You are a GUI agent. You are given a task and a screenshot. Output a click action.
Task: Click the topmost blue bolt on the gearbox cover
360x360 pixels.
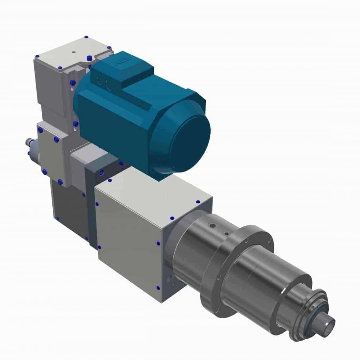point(86,37)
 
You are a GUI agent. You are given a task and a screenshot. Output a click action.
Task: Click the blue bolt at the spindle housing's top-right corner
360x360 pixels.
point(198,202)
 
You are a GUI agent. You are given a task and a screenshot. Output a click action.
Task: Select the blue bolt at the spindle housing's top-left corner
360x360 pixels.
point(110,181)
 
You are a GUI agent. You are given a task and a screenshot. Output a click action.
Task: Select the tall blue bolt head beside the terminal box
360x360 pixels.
point(89,58)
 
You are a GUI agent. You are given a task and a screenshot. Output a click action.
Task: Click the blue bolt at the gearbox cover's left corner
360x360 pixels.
point(38,56)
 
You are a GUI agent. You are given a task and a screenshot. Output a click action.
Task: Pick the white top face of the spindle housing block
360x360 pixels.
point(151,197)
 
